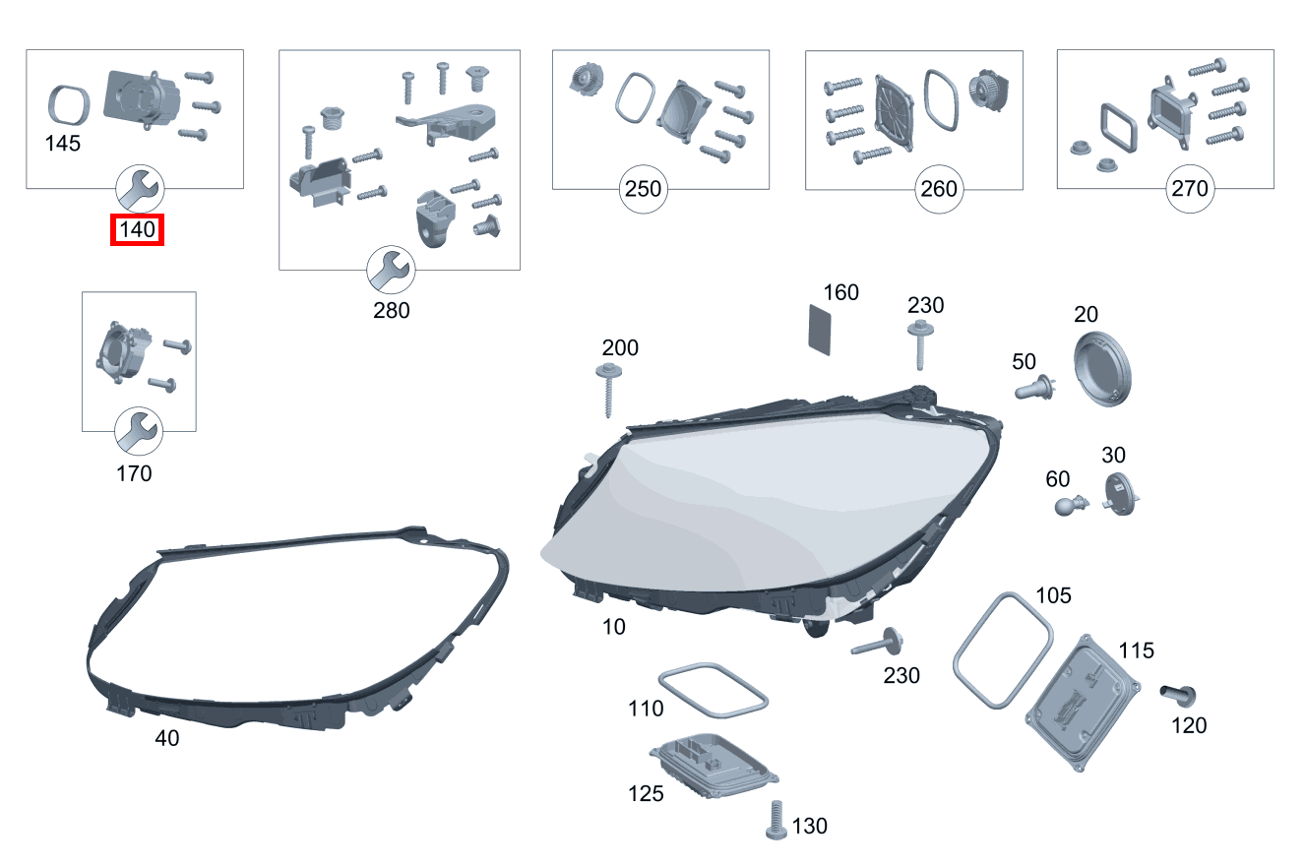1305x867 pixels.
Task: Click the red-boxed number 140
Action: click(138, 229)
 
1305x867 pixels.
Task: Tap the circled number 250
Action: click(644, 189)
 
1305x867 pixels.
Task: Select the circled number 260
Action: click(939, 189)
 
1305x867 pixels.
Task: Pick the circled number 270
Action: click(1190, 188)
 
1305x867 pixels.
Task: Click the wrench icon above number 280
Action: click(391, 270)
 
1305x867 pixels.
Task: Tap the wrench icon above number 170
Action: click(139, 431)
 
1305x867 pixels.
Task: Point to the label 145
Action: click(63, 144)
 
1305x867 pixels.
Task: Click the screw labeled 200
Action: click(608, 391)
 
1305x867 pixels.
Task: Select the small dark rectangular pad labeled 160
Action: click(819, 330)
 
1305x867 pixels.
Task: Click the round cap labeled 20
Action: click(1102, 369)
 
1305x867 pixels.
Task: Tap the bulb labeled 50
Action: click(1034, 388)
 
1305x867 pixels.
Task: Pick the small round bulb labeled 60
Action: click(1071, 505)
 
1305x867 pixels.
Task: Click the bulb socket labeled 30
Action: click(1120, 495)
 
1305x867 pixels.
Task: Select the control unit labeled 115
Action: click(1083, 704)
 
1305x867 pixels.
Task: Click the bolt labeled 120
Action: click(1178, 695)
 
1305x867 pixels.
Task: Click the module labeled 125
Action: click(715, 767)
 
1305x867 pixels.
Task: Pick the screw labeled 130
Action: click(776, 820)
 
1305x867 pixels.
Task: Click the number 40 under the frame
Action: click(167, 738)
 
